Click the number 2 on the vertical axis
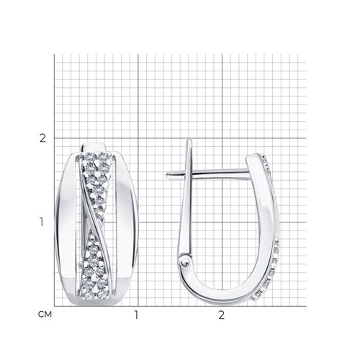(42, 138)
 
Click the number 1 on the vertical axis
(42, 222)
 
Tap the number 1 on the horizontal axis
(136, 315)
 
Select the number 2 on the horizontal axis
(222, 315)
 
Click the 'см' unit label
(45, 315)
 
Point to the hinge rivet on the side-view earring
(186, 263)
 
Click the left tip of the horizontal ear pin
(167, 176)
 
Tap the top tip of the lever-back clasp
(190, 140)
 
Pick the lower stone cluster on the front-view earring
(96, 266)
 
